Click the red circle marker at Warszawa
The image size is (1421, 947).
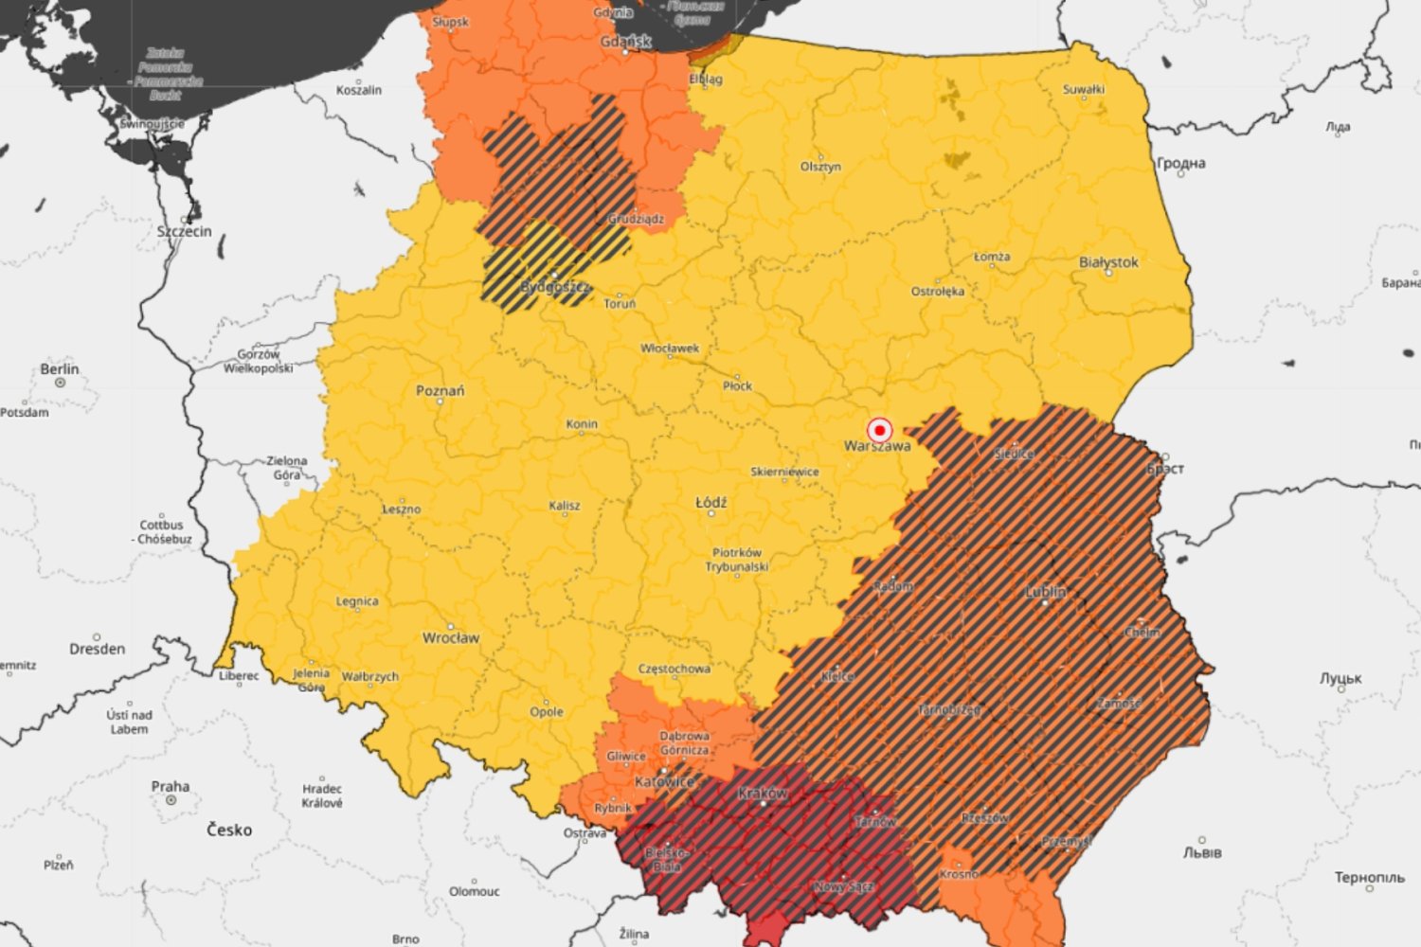[x=879, y=429]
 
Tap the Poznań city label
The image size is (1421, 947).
[x=441, y=390]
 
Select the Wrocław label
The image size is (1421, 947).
[x=451, y=637]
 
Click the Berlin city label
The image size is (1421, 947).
[x=60, y=368]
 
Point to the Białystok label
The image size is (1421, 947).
[x=1108, y=262]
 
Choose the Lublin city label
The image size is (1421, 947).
[x=1046, y=591]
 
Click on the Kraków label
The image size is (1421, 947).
[x=763, y=793]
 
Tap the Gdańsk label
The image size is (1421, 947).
[x=626, y=42]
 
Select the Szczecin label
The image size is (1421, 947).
[x=185, y=231]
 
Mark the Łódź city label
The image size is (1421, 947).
[x=711, y=502]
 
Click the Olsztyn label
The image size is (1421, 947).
[x=820, y=167]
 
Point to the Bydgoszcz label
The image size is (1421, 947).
[x=554, y=286]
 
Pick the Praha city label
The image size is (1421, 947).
[x=171, y=786]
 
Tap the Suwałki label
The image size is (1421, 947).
[x=1084, y=90]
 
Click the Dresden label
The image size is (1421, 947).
[x=97, y=649]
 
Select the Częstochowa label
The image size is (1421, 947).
[x=674, y=669]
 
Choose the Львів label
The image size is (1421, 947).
[x=1202, y=852]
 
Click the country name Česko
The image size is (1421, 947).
[x=229, y=830]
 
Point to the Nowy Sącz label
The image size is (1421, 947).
[x=844, y=886]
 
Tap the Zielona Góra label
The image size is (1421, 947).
[x=286, y=468]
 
